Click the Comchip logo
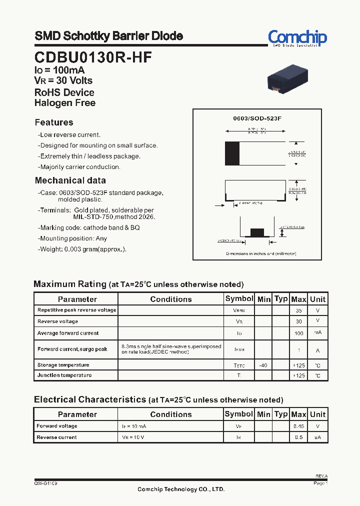[297, 38]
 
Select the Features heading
[54, 122]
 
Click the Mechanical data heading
[70, 180]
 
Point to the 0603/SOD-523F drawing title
[257, 118]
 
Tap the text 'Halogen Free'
[65, 103]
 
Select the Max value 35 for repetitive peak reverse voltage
[298, 310]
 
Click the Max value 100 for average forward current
[298, 333]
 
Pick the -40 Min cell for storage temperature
[263, 365]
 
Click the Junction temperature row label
[64, 375]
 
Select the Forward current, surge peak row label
[72, 349]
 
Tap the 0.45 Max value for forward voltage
[298, 426]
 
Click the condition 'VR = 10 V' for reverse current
[134, 437]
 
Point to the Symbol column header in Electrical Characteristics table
[239, 414]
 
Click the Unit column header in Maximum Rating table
[317, 299]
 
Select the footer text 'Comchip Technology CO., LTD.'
[181, 489]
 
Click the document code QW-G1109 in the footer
[45, 483]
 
